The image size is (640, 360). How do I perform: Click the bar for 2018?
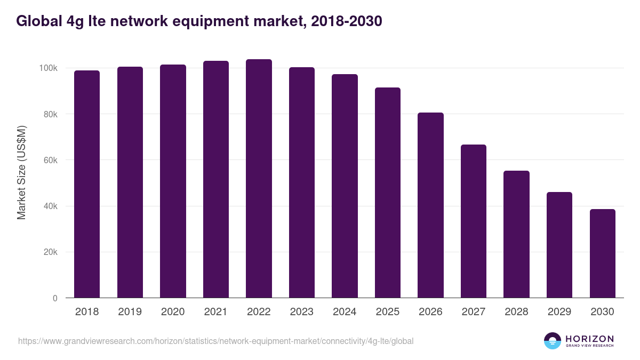tap(87, 184)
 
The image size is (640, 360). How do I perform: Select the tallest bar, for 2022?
tap(259, 179)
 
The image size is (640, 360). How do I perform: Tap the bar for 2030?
tap(602, 253)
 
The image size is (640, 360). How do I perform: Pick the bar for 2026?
tap(430, 205)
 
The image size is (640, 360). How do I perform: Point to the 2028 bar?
tap(516, 234)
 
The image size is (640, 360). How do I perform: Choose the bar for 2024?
tap(345, 186)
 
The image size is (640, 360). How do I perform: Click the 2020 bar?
tap(173, 181)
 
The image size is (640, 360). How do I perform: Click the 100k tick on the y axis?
tap(48, 68)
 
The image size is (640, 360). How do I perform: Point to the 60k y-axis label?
tap(50, 160)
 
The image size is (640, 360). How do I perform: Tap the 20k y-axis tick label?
tap(50, 252)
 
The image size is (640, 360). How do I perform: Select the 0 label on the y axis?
tap(55, 298)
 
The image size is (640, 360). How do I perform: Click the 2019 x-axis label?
tap(130, 312)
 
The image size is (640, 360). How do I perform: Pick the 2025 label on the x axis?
tap(387, 312)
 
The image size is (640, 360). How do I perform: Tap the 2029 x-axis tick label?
tap(559, 312)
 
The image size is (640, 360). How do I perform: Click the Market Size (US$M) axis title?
tap(21, 172)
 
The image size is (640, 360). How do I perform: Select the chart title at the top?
tap(199, 21)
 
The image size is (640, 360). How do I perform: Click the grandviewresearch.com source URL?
tap(215, 341)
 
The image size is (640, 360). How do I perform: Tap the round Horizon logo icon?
tap(553, 341)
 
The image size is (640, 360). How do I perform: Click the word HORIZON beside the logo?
tap(589, 339)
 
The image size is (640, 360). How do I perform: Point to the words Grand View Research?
tap(589, 346)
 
